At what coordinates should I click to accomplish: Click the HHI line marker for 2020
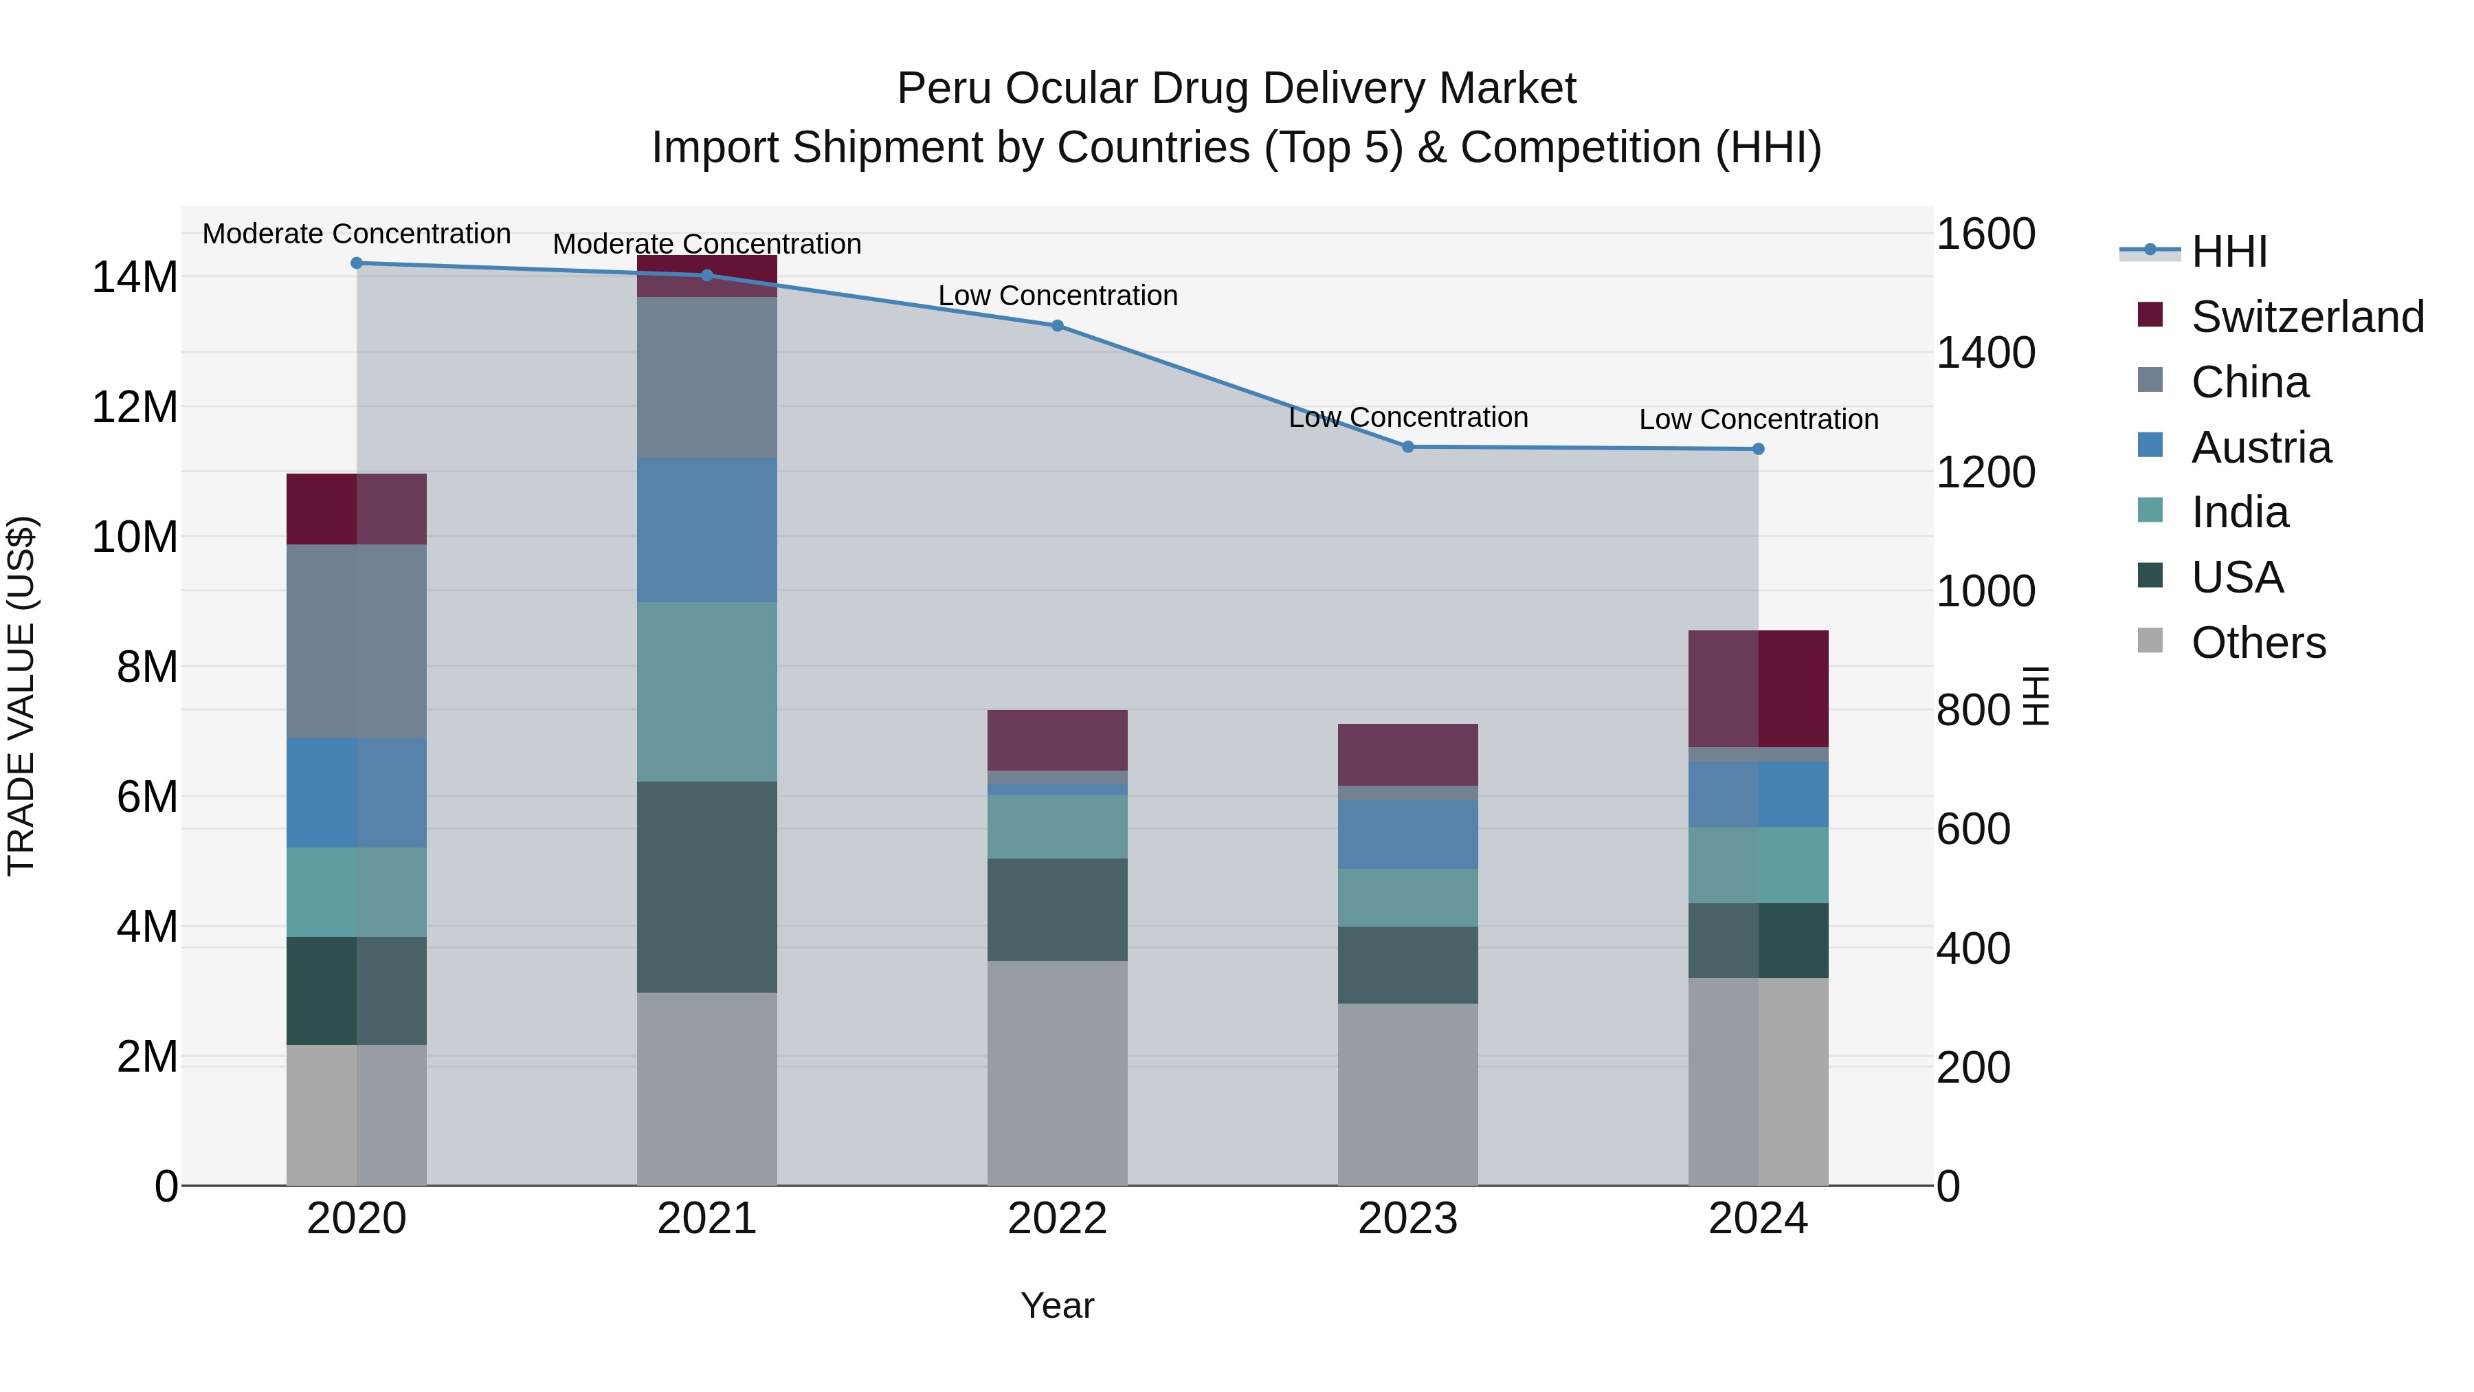click(x=356, y=263)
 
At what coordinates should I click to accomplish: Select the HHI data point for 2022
click(x=1058, y=326)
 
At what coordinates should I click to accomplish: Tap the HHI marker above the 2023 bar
click(x=1408, y=447)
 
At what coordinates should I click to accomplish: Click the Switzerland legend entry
click(x=2307, y=317)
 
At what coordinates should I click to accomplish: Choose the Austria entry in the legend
click(x=2261, y=448)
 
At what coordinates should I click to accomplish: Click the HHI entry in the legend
click(x=2228, y=252)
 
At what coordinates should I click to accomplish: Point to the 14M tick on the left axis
click(x=135, y=278)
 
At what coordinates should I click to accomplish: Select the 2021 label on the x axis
click(x=707, y=1219)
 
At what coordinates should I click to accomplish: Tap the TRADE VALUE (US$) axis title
click(x=22, y=696)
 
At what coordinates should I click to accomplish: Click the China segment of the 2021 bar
click(x=707, y=377)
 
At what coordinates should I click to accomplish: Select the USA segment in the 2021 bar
click(x=707, y=887)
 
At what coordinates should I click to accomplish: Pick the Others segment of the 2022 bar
click(x=1058, y=1073)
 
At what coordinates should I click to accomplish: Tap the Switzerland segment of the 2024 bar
click(x=1759, y=689)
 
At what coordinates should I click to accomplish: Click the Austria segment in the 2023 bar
click(x=1408, y=834)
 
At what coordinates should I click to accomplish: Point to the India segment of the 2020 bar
click(x=356, y=892)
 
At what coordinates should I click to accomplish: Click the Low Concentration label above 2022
click(x=1058, y=296)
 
